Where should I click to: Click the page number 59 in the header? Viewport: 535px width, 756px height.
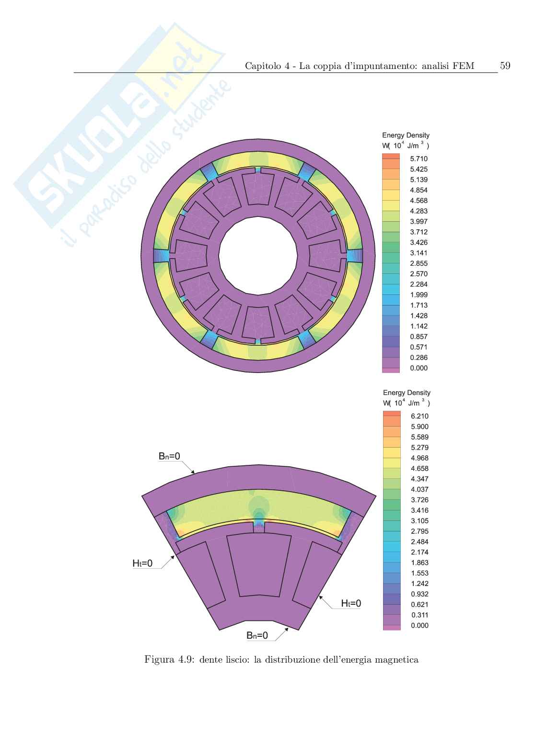pyautogui.click(x=505, y=66)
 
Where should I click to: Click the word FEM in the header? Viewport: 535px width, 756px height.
pyautogui.click(x=463, y=66)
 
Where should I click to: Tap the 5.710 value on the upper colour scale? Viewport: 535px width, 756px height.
pyautogui.click(x=419, y=158)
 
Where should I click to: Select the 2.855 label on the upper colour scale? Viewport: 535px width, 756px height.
pyautogui.click(x=419, y=263)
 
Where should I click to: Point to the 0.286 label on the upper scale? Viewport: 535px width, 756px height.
pyautogui.click(x=419, y=358)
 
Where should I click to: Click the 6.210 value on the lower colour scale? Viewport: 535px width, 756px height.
pyautogui.click(x=419, y=416)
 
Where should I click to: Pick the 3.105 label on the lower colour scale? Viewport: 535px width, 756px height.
pyautogui.click(x=419, y=521)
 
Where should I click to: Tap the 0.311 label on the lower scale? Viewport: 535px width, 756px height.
pyautogui.click(x=419, y=615)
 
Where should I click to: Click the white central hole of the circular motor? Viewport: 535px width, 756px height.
pyautogui.click(x=258, y=256)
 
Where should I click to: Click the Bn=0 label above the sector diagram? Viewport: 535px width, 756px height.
pyautogui.click(x=169, y=456)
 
